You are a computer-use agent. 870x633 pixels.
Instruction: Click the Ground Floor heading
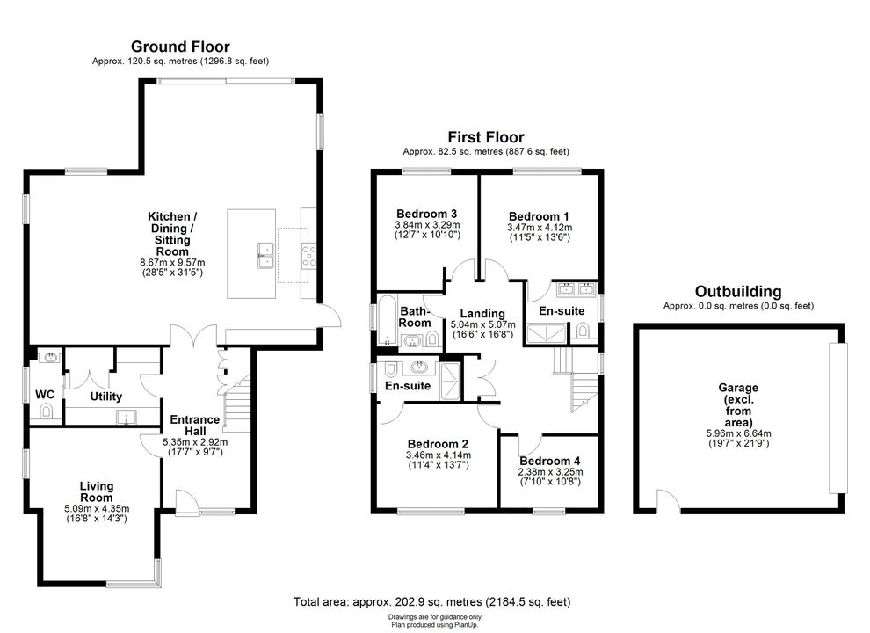180,47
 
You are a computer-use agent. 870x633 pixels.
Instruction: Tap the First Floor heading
486,137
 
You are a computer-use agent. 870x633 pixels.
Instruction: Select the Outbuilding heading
738,292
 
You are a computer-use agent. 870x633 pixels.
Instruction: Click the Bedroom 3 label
427,214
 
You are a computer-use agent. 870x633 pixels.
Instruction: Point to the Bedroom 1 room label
539,216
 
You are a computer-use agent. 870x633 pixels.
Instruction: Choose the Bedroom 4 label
550,461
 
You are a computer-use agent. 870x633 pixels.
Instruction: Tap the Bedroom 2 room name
438,444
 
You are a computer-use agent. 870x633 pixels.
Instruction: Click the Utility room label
106,397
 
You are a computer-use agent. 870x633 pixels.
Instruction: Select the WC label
45,394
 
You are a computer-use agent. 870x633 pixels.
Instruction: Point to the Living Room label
97,492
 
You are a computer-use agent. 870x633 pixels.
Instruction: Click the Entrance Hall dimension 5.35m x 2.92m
195,442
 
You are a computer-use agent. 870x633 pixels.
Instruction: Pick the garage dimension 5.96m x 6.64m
738,433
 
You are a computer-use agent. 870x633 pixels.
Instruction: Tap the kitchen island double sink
266,256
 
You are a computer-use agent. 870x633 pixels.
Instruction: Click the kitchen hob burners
308,256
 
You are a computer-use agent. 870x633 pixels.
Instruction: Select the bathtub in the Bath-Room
385,320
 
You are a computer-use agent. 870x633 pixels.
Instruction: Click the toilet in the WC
45,411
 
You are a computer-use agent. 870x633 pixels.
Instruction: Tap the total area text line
431,601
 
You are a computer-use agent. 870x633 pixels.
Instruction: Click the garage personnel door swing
669,498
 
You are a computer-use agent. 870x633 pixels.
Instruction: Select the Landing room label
482,314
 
